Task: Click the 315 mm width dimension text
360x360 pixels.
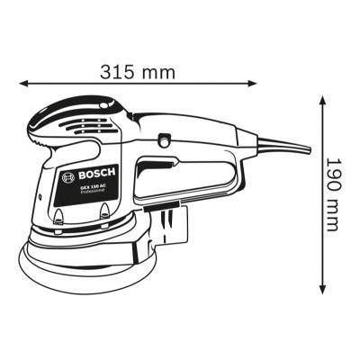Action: pos(139,71)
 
